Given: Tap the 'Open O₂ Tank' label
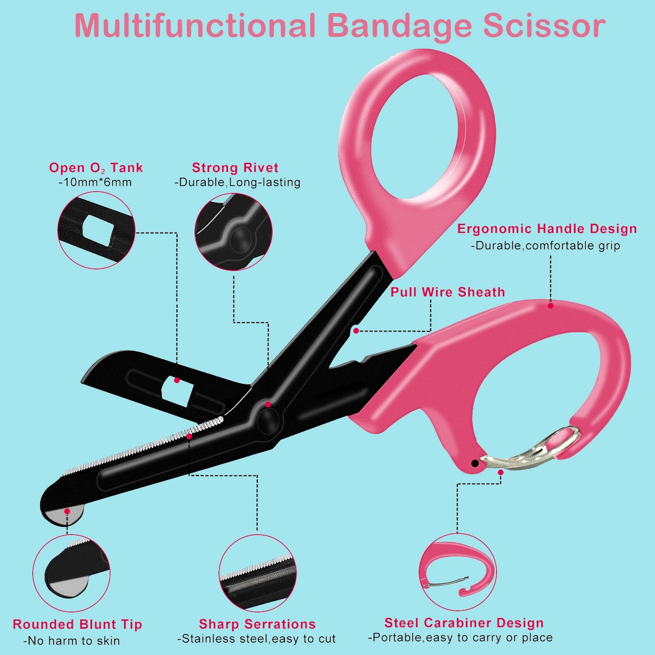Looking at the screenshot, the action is (x=96, y=168).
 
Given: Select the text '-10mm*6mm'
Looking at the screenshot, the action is (x=95, y=183).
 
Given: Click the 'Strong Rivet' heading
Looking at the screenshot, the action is (x=235, y=168).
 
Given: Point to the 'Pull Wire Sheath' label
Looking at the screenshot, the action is (x=448, y=292).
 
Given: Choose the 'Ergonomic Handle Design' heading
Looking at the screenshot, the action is (x=547, y=229).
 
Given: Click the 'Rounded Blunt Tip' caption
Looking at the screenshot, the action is (x=77, y=625).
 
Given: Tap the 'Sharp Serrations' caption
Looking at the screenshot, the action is (x=257, y=624).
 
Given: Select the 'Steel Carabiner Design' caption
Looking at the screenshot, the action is (x=464, y=623).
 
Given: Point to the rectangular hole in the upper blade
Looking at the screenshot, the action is (x=177, y=391).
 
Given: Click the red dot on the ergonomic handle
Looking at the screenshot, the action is (x=551, y=306).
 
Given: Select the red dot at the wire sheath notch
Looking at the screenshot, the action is (x=356, y=330).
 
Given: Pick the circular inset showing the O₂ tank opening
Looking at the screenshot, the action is (x=97, y=230).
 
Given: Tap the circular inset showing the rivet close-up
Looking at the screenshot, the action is (x=233, y=232).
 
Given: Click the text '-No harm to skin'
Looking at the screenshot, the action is (x=72, y=641).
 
